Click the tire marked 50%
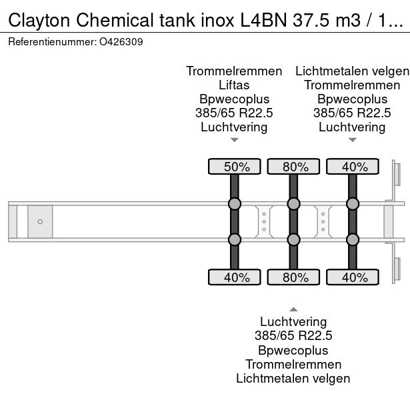[x=235, y=166]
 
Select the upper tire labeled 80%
[x=293, y=166]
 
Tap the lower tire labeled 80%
[x=293, y=277]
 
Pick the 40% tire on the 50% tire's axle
[x=235, y=277]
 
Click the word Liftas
[x=234, y=85]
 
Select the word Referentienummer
[x=51, y=41]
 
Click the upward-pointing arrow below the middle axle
[x=293, y=308]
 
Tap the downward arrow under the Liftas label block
[x=234, y=140]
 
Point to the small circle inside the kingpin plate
[x=40, y=221]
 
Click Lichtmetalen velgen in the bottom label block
[x=293, y=379]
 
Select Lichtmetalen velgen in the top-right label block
[x=352, y=71]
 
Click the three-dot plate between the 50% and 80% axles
[x=264, y=221]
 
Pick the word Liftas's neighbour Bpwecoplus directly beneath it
[x=234, y=99]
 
